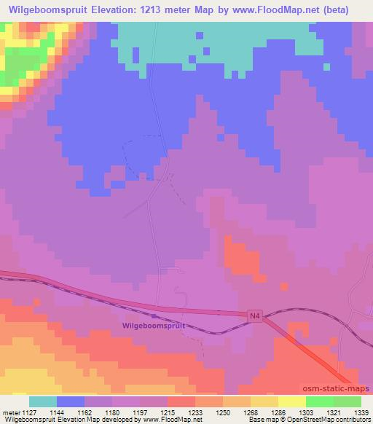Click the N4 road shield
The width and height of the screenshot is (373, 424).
tap(253, 315)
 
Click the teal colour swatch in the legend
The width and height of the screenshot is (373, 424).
tap(43, 401)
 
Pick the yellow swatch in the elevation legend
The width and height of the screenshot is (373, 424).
tap(264, 401)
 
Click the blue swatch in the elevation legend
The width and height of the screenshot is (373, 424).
tap(71, 401)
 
